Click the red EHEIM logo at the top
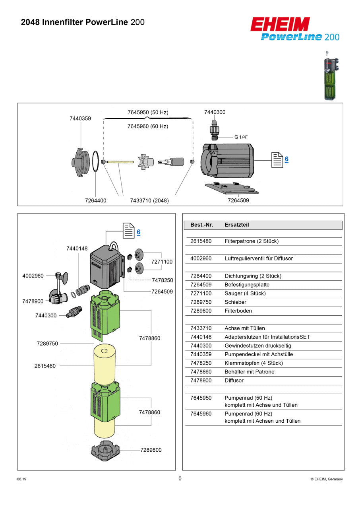[280, 24]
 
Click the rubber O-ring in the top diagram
[96, 161]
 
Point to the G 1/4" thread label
[241, 137]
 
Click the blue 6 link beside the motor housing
[286, 159]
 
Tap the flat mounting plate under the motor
[232, 188]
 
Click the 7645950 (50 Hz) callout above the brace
[148, 113]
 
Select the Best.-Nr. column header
[201, 225]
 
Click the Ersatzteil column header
[237, 225]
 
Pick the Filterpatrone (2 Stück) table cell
[252, 241]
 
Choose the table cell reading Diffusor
[234, 381]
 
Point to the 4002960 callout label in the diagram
[33, 276]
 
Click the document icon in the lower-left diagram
[128, 231]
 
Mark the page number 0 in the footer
[180, 479]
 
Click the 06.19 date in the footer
[22, 479]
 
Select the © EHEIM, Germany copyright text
[326, 479]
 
